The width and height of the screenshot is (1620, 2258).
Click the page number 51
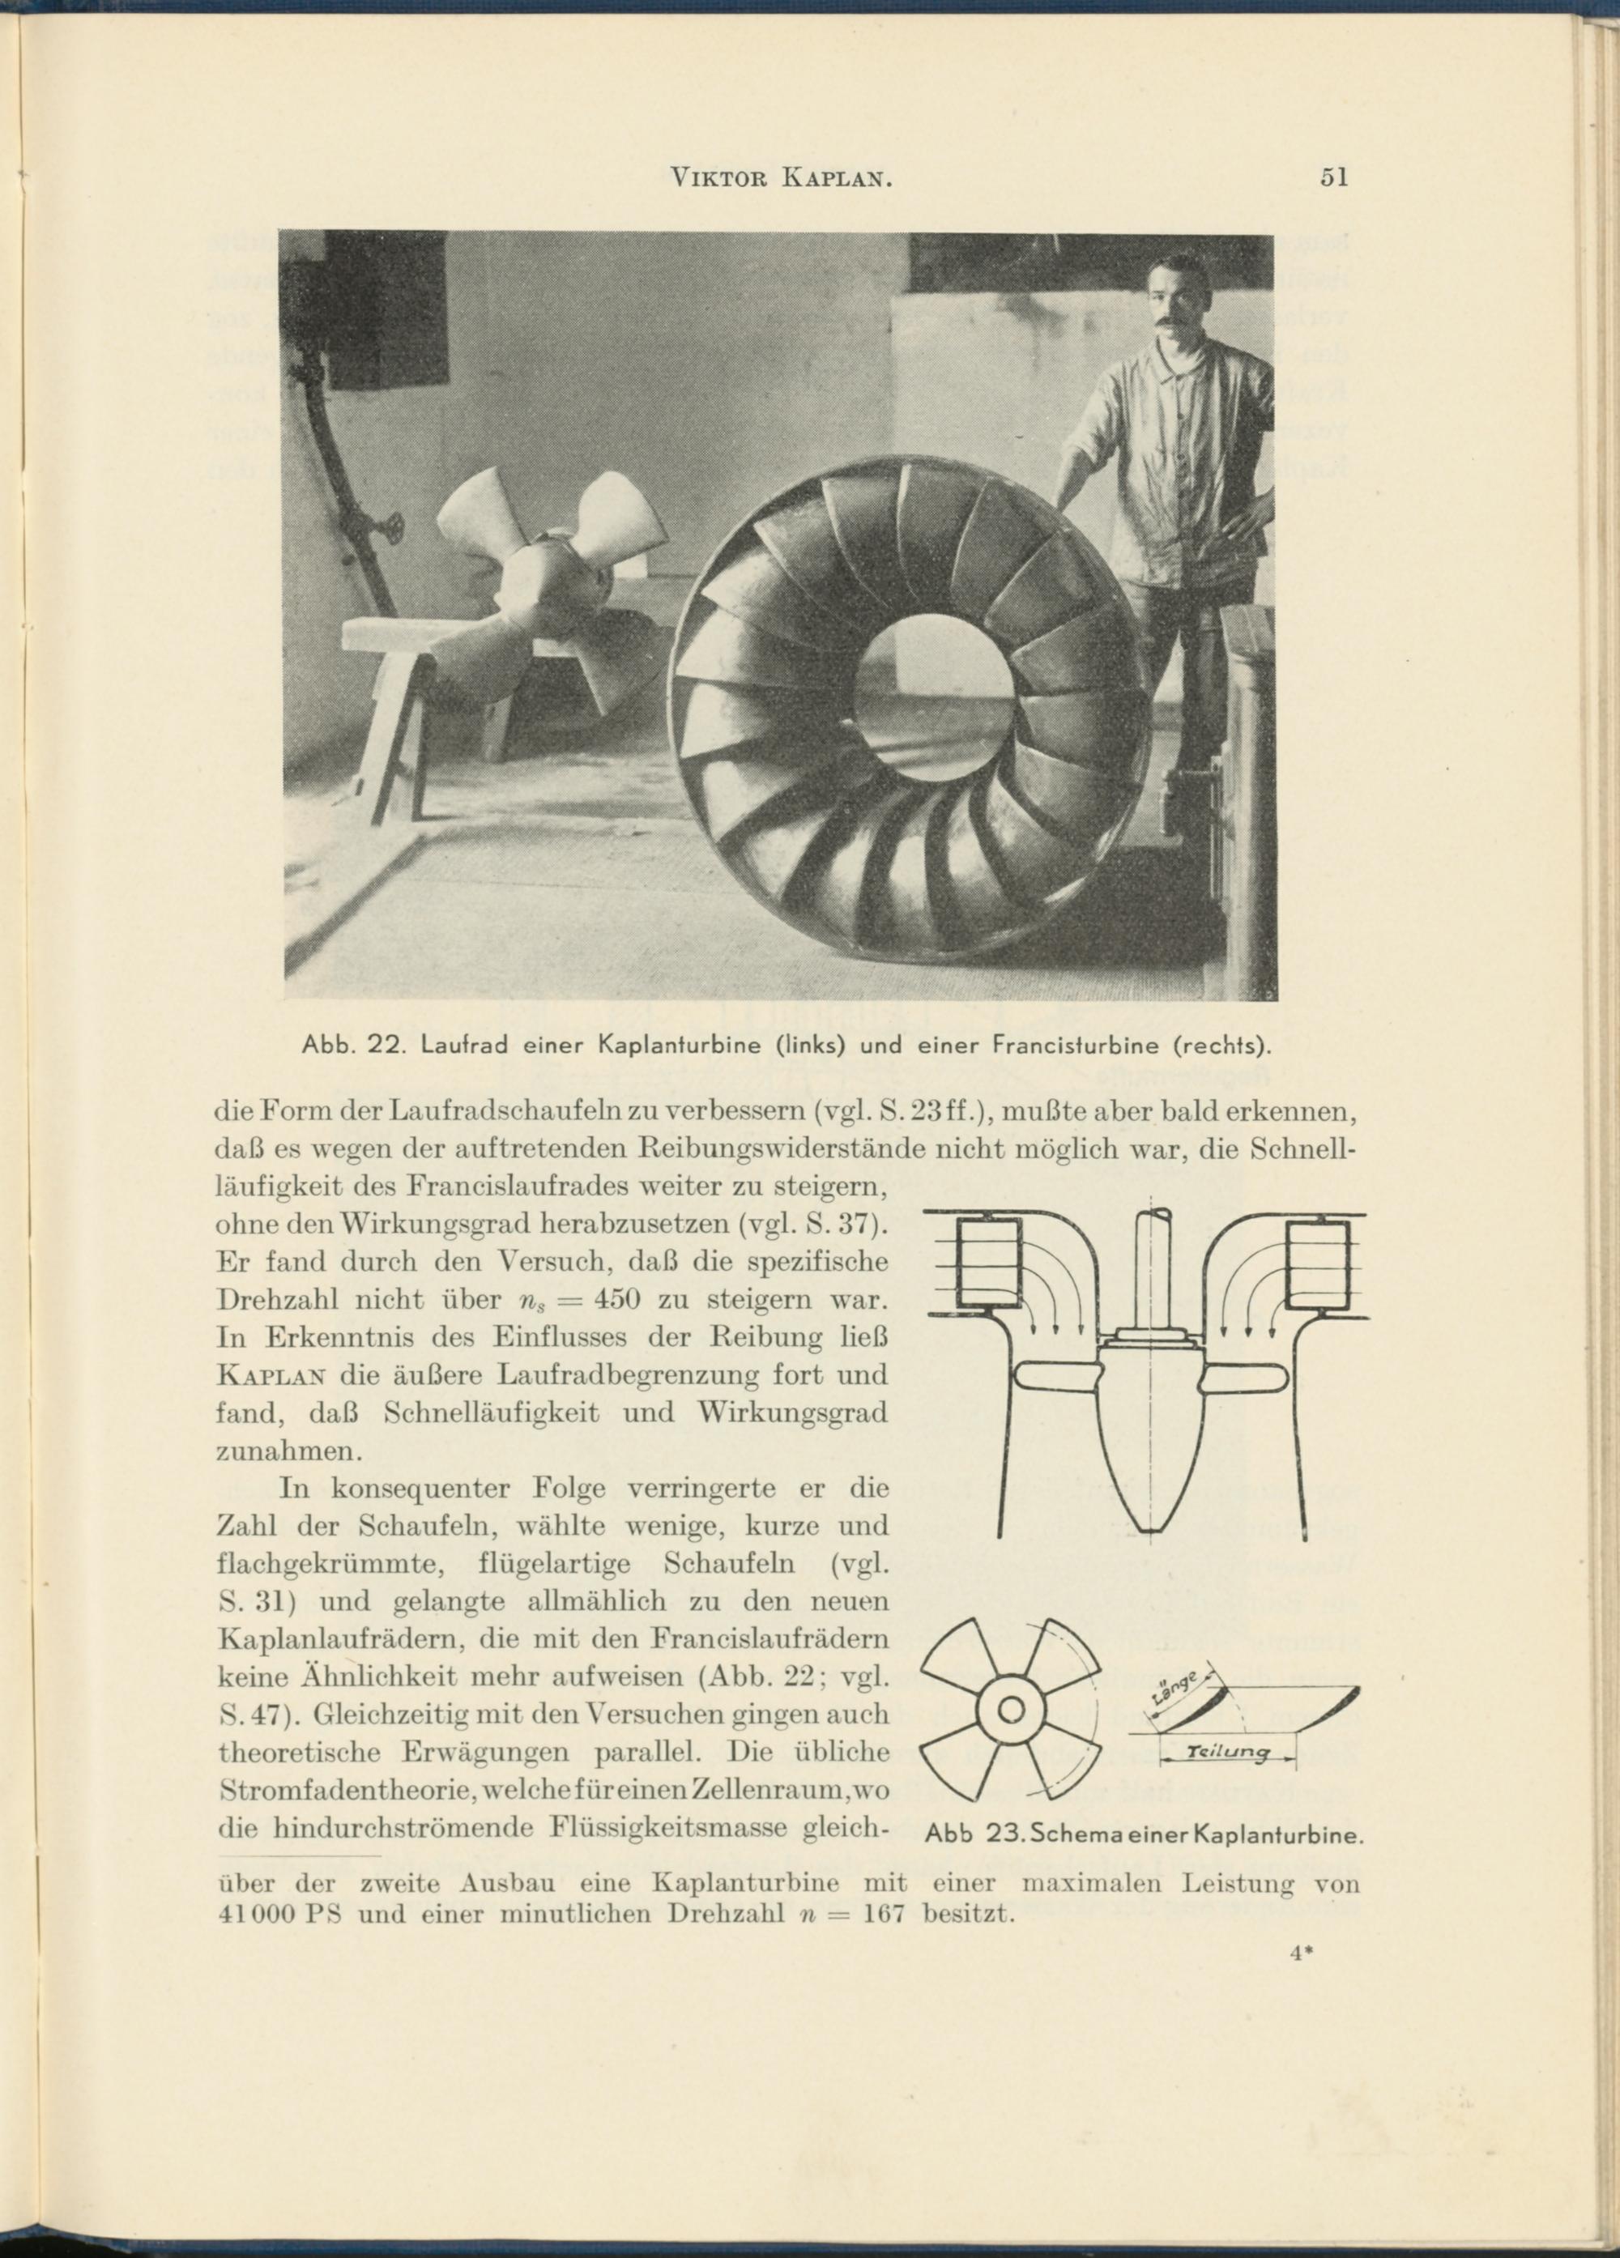coord(1334,178)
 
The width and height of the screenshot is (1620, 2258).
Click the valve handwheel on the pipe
coord(394,530)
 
